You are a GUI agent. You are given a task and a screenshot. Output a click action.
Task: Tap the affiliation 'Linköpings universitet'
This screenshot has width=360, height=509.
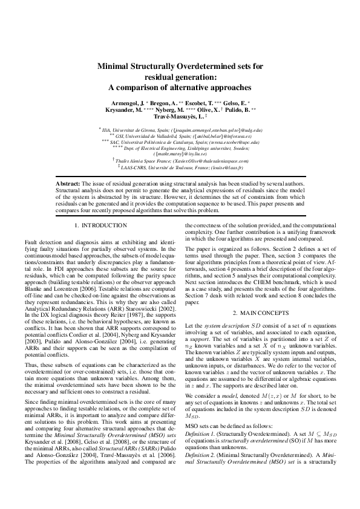(x=209, y=148)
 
